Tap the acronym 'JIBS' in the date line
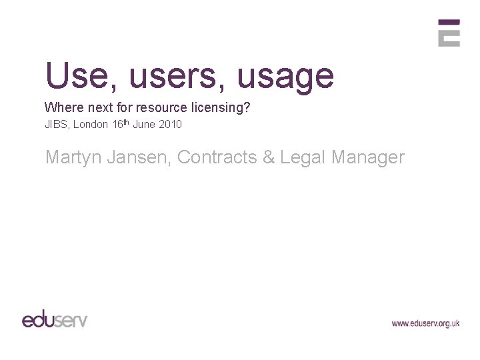[57, 124]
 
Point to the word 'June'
[147, 124]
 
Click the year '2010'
[171, 124]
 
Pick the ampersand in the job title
[269, 157]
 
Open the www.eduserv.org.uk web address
[425, 323]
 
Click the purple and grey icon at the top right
[449, 33]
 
